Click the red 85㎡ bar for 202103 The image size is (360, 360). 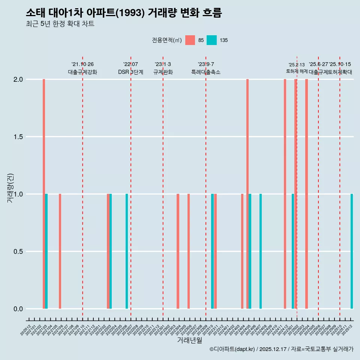click(x=44, y=194)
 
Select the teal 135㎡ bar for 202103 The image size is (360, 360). click(x=46, y=251)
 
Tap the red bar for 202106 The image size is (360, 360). click(x=60, y=251)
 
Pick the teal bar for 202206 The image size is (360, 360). click(x=127, y=251)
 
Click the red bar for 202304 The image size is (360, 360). click(x=178, y=251)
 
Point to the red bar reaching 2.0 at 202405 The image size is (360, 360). click(x=247, y=194)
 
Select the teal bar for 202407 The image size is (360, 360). click(x=261, y=251)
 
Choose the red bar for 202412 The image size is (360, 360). click(x=285, y=194)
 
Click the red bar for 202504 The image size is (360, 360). click(x=306, y=194)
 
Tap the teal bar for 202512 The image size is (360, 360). click(x=352, y=251)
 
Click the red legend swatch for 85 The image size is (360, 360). click(x=190, y=40)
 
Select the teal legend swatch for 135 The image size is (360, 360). click(x=212, y=40)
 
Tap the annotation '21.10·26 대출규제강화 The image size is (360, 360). click(x=82, y=68)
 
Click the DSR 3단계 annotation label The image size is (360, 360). click(x=130, y=72)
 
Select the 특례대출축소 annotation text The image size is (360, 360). click(x=206, y=72)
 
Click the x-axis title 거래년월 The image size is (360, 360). click(x=190, y=340)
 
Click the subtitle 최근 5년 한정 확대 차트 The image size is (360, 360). click(x=60, y=24)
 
